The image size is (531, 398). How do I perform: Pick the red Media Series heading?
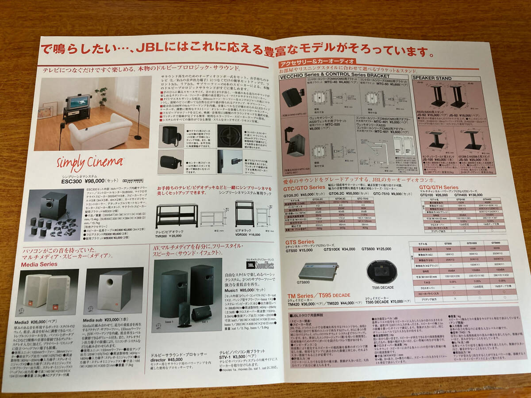(39, 264)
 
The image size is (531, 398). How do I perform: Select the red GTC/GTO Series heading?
(304, 188)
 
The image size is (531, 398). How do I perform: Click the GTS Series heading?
(300, 242)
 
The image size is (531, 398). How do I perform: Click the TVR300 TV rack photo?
(176, 215)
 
